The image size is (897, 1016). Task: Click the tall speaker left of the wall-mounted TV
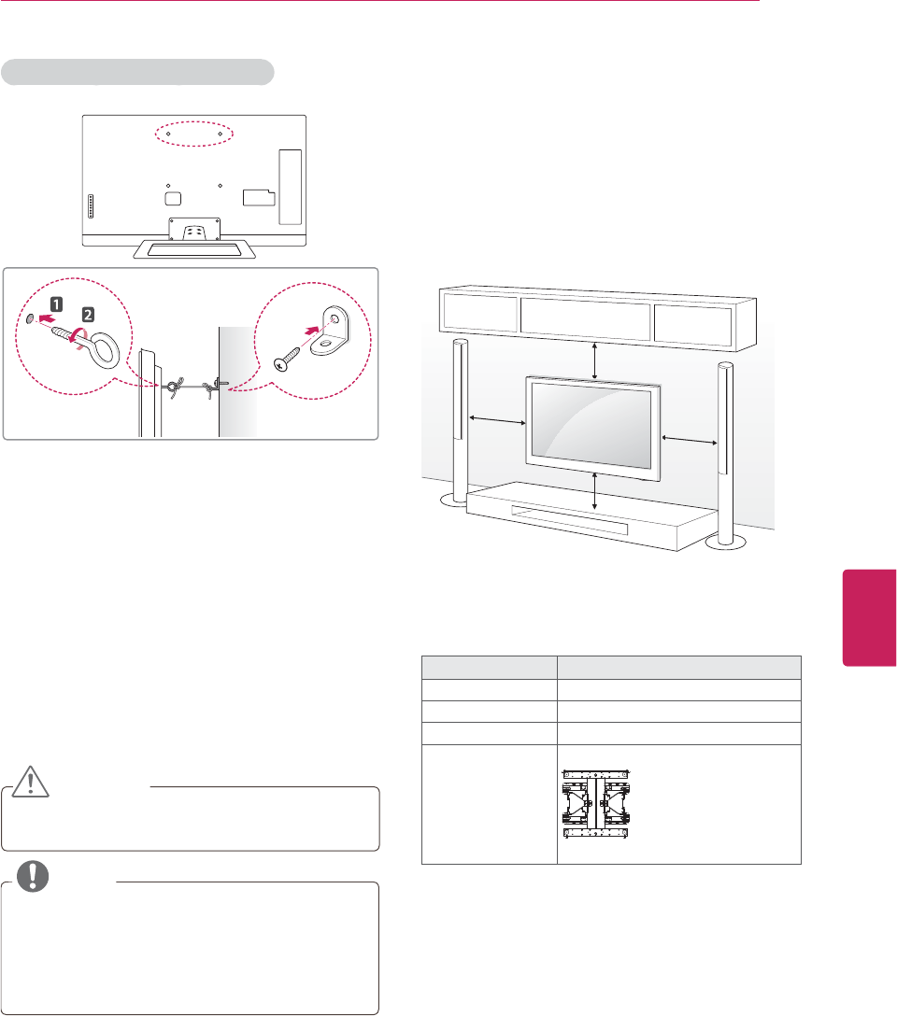click(459, 421)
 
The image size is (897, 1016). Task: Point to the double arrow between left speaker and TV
click(498, 424)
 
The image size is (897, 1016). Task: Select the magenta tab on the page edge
click(869, 615)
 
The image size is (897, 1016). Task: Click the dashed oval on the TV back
click(192, 134)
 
